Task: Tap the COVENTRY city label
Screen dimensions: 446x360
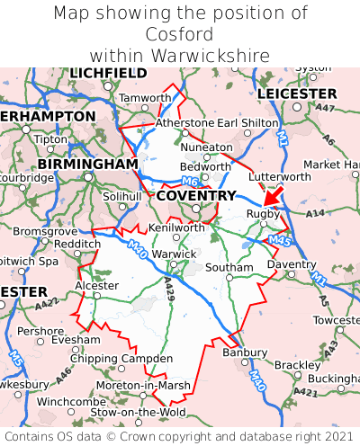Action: (196, 195)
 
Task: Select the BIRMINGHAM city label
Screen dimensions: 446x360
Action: (87, 165)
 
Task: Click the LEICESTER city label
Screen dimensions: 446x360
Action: (296, 94)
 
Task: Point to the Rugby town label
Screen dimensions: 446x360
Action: (263, 214)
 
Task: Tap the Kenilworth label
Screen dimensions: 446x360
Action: (176, 228)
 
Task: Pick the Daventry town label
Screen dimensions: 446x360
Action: (292, 264)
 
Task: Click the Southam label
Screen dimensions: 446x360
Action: (229, 268)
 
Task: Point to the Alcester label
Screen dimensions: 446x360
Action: (96, 285)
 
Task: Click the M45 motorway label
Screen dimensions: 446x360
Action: (279, 240)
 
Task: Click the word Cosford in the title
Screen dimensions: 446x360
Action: (180, 34)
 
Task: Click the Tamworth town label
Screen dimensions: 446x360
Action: (144, 98)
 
